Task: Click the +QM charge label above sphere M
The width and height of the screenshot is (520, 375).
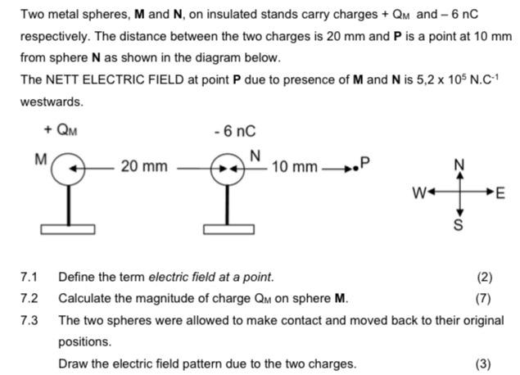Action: tap(61, 129)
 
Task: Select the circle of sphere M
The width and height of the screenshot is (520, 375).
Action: tap(68, 167)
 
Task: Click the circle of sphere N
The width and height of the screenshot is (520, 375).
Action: tap(226, 168)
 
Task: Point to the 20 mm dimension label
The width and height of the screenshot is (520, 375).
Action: tap(143, 167)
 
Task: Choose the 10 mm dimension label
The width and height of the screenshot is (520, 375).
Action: tap(294, 167)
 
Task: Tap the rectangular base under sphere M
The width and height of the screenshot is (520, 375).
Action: tap(69, 226)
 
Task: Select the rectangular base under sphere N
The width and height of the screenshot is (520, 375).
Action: tap(227, 226)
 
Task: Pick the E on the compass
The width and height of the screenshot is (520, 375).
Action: tap(501, 194)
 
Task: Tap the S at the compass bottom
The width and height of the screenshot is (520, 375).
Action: tap(459, 224)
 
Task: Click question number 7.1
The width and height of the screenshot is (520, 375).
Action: tap(29, 278)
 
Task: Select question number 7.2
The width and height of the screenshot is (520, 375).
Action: tap(29, 298)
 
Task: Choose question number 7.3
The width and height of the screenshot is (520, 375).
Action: tap(29, 319)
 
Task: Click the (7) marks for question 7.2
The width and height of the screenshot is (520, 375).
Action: tap(483, 298)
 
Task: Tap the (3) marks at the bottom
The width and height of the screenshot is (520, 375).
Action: tap(483, 363)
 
